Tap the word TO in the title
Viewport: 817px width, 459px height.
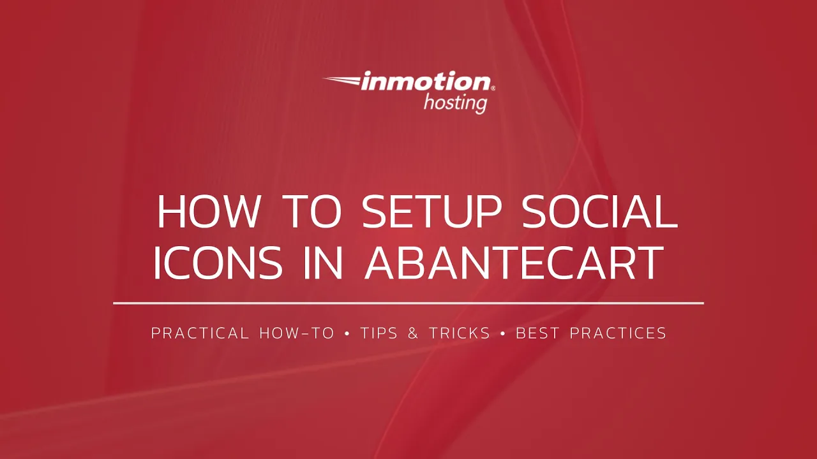click(x=313, y=212)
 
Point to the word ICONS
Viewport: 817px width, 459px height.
click(x=218, y=263)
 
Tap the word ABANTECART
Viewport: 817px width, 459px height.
click(x=514, y=263)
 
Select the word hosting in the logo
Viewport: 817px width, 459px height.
click(x=455, y=102)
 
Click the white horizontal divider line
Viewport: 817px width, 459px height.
click(x=408, y=303)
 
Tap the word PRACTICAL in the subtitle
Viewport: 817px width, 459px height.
click(x=200, y=333)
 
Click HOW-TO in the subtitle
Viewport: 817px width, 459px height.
click(x=297, y=333)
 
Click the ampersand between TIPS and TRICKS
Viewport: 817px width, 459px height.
click(x=414, y=333)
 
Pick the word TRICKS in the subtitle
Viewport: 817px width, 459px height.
click(x=459, y=333)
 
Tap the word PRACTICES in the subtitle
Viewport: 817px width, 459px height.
click(x=618, y=333)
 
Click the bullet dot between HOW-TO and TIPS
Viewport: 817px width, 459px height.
click(x=347, y=333)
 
